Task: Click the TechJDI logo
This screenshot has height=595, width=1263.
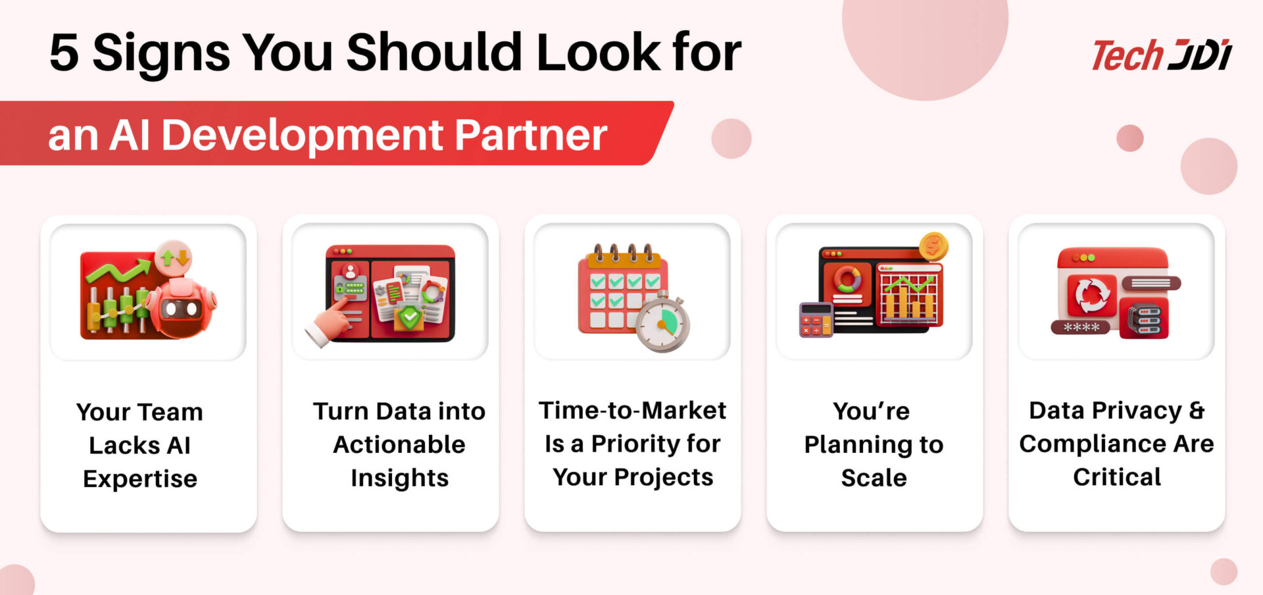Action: point(1162,55)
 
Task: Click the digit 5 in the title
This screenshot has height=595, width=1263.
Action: point(64,53)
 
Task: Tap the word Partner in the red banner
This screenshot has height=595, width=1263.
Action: point(530,135)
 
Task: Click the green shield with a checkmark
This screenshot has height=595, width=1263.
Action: point(410,319)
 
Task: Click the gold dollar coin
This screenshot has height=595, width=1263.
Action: point(933,247)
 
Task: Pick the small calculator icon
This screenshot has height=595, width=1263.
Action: point(816,320)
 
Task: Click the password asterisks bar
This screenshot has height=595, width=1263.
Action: point(1081,327)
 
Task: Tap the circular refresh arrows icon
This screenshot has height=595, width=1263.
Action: point(1092,296)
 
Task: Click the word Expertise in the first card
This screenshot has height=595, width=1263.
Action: point(140,479)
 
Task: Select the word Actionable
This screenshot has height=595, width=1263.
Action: point(399,445)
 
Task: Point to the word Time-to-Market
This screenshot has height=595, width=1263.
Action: point(632,411)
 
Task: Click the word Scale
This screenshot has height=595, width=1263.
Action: point(874,478)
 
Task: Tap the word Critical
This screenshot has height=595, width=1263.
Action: point(1117,477)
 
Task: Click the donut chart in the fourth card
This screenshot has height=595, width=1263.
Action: point(847,279)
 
